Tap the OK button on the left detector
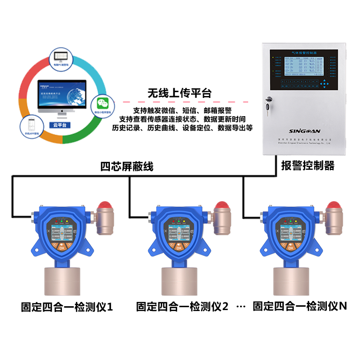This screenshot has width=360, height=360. point(62,248)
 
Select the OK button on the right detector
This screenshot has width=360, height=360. point(291,248)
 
